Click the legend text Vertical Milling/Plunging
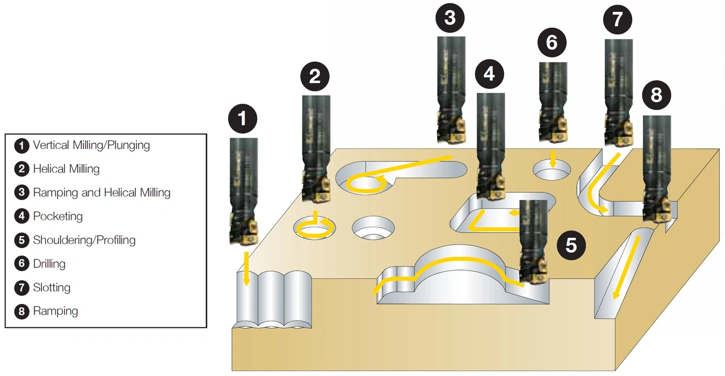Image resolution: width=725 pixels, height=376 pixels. coord(91,145)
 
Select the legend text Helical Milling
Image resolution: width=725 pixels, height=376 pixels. coord(66,169)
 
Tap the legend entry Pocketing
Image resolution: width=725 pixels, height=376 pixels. coord(58,216)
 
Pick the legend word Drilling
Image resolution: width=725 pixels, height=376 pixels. coord(49,264)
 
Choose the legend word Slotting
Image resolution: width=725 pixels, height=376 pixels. coord(52,288)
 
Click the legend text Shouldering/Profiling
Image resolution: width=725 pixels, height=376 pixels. coord(84,240)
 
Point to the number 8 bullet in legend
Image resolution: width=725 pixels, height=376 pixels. coord(22,311)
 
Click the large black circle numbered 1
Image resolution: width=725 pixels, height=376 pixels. coord(242,119)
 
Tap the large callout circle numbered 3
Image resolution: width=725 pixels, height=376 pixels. coord(450,18)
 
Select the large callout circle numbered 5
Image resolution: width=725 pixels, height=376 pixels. coord(571,245)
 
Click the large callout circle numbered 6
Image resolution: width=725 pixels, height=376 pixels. coord(552,43)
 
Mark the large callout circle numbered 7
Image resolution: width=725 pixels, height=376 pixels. coord(617,19)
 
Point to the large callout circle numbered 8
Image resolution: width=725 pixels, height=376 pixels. coord(656,95)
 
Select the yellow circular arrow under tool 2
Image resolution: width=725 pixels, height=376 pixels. coord(314,227)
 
